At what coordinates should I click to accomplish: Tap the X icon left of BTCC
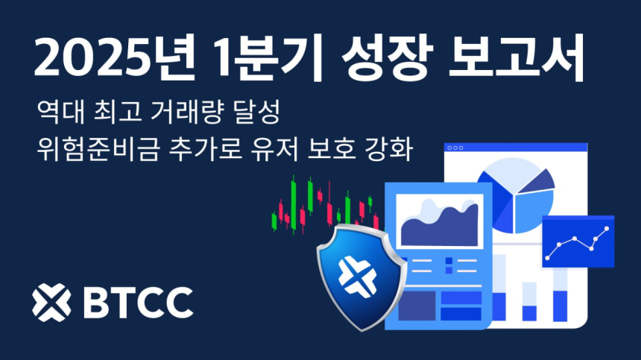[51, 300]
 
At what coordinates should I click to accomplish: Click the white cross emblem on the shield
[354, 275]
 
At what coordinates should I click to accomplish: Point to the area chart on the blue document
[439, 224]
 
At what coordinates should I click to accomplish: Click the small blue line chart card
[577, 241]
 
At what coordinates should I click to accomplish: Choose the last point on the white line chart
[607, 230]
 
